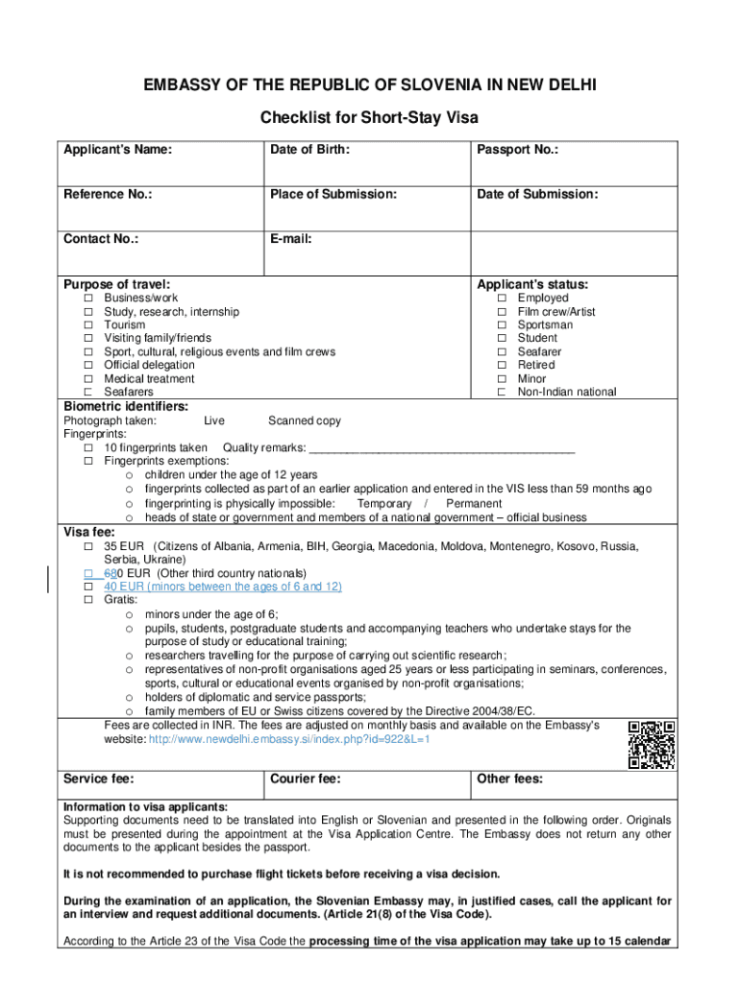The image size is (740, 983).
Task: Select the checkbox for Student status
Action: pyautogui.click(x=502, y=339)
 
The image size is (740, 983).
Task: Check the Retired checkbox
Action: pyautogui.click(x=502, y=366)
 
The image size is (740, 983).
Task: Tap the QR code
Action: pyautogui.click(x=651, y=745)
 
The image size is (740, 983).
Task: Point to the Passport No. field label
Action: pyautogui.click(x=518, y=150)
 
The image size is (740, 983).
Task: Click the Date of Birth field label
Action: pyautogui.click(x=309, y=150)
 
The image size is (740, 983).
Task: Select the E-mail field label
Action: pyautogui.click(x=292, y=239)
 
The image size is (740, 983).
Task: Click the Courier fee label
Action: pyautogui.click(x=306, y=779)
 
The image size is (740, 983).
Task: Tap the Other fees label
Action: pyautogui.click(x=509, y=779)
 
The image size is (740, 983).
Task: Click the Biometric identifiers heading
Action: pyautogui.click(x=126, y=406)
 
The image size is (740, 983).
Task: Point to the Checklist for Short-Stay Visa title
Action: pyautogui.click(x=369, y=118)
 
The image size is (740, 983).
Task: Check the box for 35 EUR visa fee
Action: pyautogui.click(x=87, y=546)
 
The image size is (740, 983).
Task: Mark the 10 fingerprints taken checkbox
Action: pyautogui.click(x=87, y=448)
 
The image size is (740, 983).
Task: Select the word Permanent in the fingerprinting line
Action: pyautogui.click(x=474, y=504)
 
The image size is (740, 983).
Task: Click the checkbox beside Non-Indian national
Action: pyautogui.click(x=502, y=393)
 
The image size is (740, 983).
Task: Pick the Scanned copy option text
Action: pyautogui.click(x=304, y=420)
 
